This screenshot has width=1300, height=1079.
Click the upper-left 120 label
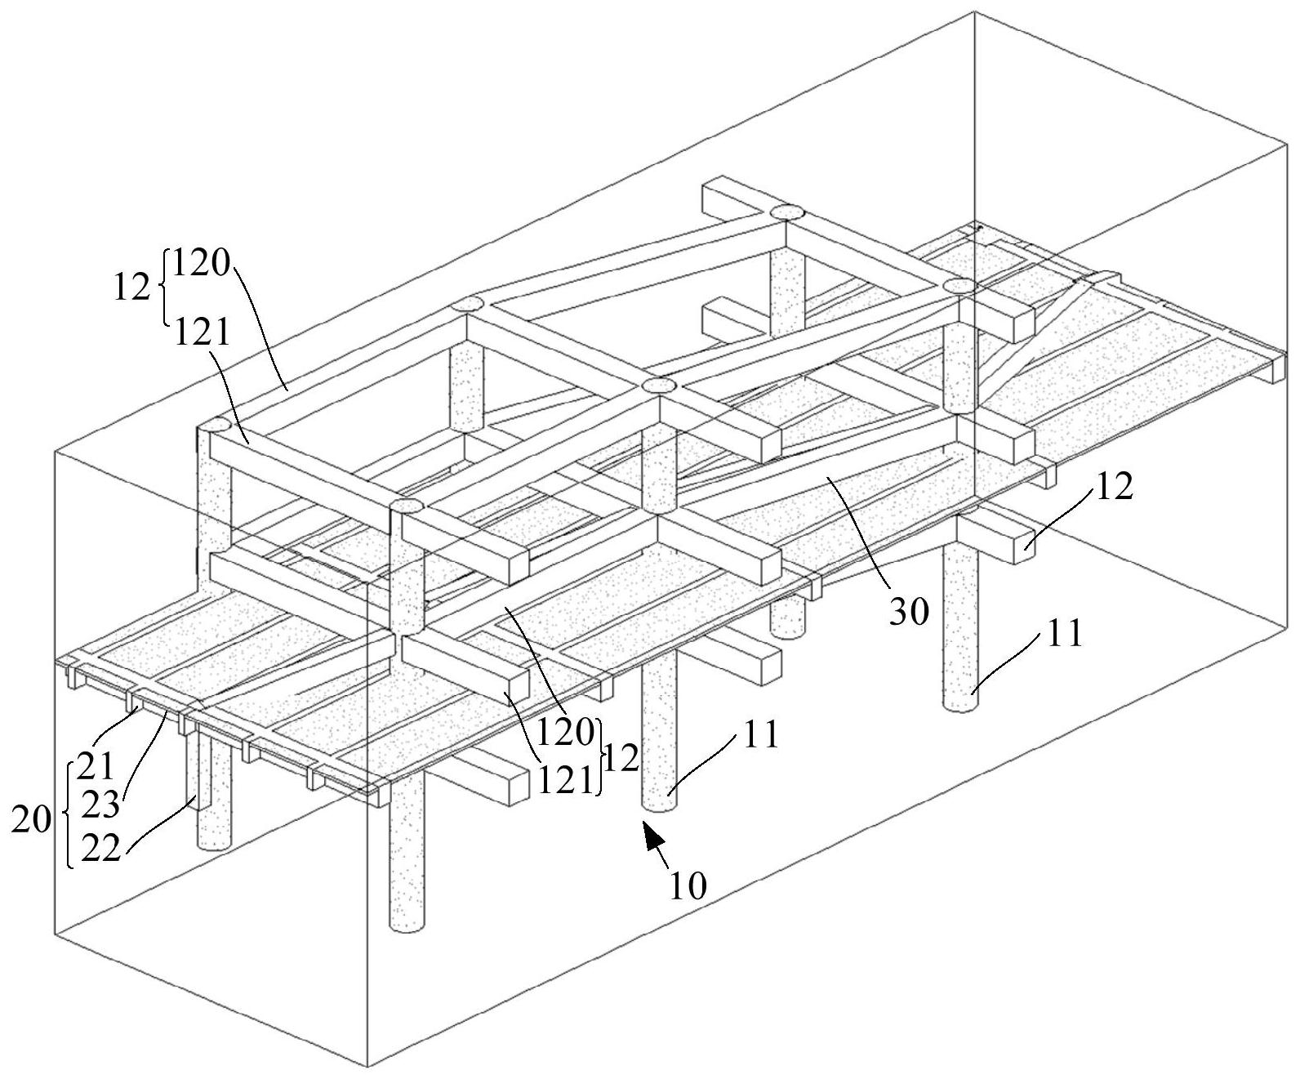coord(201,263)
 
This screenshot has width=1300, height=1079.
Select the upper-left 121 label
coord(202,332)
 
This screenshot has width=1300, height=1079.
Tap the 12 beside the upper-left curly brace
coord(132,288)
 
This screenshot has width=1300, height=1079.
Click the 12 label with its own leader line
coord(1114,487)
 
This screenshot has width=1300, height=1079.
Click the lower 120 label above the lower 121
coord(565,733)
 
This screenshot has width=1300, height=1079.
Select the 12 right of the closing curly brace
coord(621,758)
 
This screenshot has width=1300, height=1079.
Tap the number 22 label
coord(100,848)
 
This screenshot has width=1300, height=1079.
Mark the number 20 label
coord(31,820)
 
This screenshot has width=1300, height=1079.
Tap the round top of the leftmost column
coord(214,426)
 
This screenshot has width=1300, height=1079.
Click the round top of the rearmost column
coord(788,212)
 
